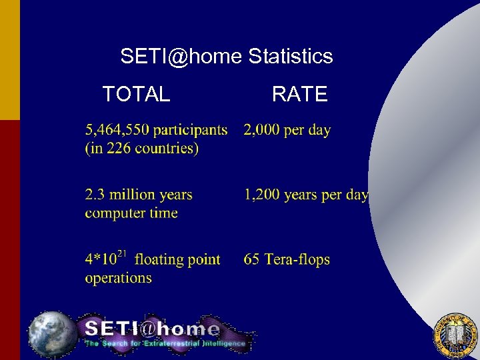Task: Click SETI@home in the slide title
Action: click(181, 57)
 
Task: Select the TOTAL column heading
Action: click(136, 95)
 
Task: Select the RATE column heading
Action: click(299, 95)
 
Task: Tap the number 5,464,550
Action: click(117, 130)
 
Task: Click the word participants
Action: click(191, 131)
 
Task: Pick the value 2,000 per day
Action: click(287, 130)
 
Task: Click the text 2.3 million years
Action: click(139, 195)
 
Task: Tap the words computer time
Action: click(131, 213)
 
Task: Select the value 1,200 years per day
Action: click(306, 195)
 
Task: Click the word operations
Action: click(118, 278)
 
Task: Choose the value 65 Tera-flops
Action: click(287, 260)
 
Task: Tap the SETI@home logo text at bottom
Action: click(152, 329)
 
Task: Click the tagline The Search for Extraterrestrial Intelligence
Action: click(165, 344)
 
